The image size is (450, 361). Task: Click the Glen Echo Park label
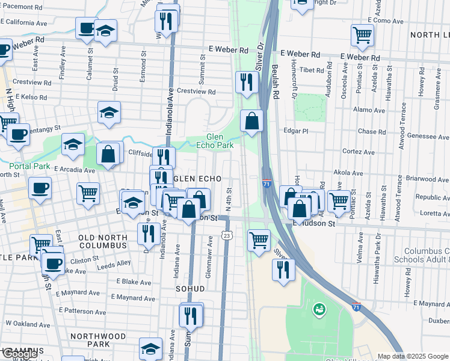pos(215,141)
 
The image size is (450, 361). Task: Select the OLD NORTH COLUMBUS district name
pos(102,242)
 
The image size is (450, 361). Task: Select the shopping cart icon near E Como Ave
pos(362,35)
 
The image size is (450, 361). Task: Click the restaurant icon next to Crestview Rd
pos(246,82)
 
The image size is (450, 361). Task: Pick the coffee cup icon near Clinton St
pos(53,263)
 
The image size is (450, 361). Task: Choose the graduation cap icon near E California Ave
pos(106,31)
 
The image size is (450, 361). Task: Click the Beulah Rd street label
pos(275,81)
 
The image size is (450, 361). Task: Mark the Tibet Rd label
pos(312,70)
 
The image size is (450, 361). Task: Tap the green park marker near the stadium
pos(319,310)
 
